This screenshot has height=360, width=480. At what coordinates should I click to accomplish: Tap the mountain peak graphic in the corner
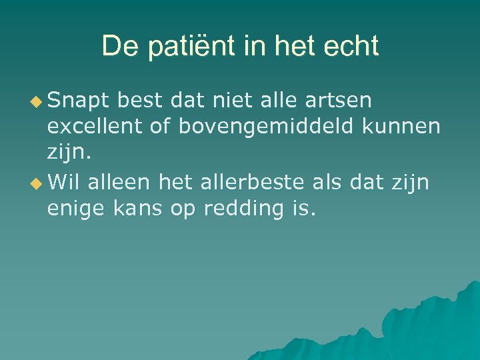pyautogui.click(x=413, y=327)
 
